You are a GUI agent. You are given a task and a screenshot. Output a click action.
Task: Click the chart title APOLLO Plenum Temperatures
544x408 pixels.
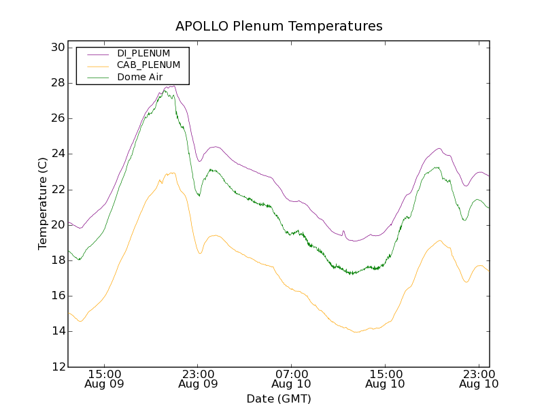pyautogui.click(x=279, y=27)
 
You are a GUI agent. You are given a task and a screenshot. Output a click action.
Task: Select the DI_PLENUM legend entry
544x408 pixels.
pyautogui.click(x=143, y=53)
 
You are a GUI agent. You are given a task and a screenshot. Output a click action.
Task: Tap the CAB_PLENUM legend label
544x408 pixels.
pyautogui.click(x=148, y=65)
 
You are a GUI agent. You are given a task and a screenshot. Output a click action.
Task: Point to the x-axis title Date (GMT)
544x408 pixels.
pyautogui.click(x=279, y=398)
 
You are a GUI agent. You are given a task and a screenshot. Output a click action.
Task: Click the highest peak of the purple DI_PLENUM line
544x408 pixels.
pyautogui.click(x=174, y=86)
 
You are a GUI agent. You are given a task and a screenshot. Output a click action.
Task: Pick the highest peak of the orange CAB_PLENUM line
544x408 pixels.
pyautogui.click(x=172, y=173)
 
